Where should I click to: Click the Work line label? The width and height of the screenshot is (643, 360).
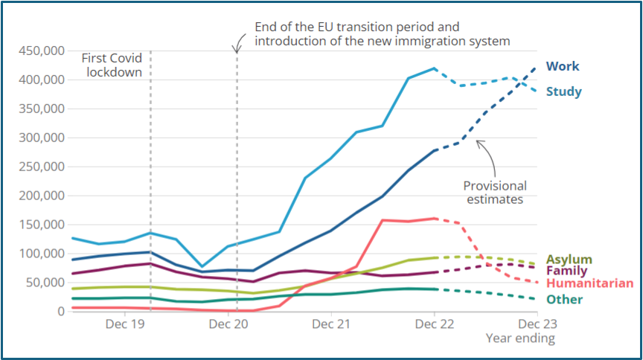[562, 66]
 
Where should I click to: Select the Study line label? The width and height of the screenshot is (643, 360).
[563, 92]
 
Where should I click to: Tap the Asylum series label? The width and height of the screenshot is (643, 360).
[569, 259]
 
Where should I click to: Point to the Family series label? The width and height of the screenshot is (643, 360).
[566, 271]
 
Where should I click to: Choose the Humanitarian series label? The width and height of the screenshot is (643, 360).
[589, 283]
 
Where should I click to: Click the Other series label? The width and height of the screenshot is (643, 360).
[563, 299]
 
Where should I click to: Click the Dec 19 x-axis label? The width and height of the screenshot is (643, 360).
[124, 325]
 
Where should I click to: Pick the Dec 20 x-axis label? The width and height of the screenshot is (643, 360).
[228, 325]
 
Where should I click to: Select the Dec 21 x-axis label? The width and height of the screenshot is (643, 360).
[330, 325]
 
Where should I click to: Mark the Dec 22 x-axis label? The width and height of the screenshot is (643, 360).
[434, 325]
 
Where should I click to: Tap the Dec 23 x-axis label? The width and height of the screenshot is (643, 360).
[537, 325]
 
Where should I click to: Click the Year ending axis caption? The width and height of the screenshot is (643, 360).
[520, 339]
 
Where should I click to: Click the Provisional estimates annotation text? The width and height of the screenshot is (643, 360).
[495, 193]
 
